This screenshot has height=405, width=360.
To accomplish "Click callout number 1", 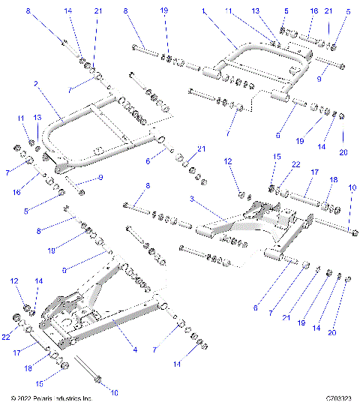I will coord(202,11).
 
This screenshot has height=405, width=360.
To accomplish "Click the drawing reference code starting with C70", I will coord(340,397).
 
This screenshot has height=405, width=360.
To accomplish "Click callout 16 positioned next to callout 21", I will coord(313,11).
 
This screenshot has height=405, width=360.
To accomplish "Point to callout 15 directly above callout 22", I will coord(274,177).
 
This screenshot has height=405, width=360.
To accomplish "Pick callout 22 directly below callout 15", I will coord(274,186).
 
